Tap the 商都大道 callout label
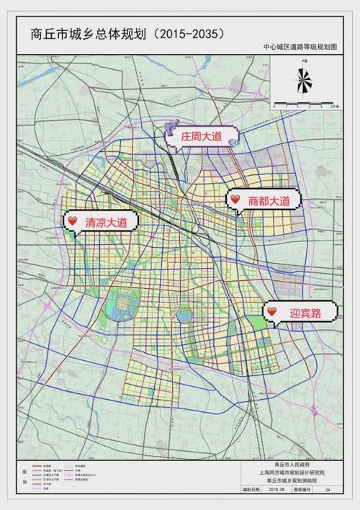point(269,202)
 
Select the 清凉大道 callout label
point(106,223)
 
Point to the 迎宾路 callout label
point(304,312)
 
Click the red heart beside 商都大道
point(235,200)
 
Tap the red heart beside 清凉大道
point(71,220)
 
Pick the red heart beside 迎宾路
point(271,311)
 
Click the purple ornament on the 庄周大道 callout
point(171,129)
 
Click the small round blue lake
point(184,316)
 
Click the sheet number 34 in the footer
point(328,489)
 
